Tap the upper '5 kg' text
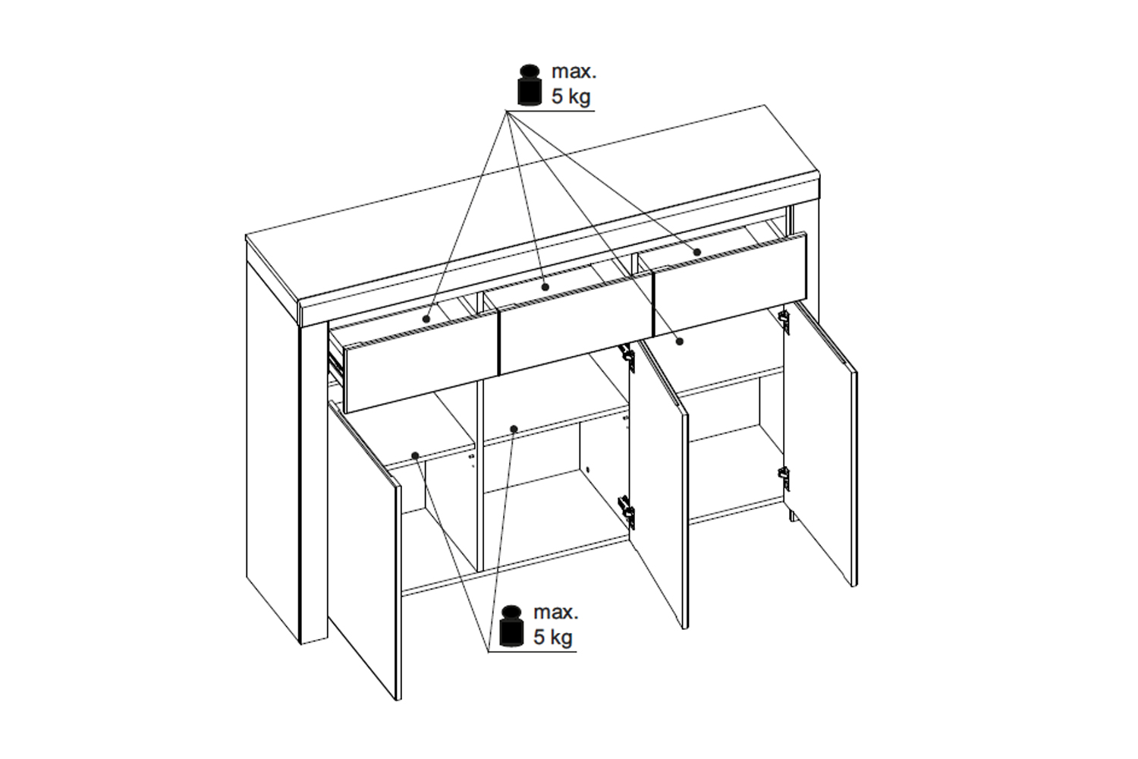pos(571,96)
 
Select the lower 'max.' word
pos(556,613)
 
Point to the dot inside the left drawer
pos(426,319)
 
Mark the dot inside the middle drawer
pos(545,287)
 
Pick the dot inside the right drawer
pos(697,252)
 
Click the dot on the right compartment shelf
pos(680,342)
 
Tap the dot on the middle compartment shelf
pos(514,429)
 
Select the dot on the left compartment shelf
pos(415,455)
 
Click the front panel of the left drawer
pos(422,363)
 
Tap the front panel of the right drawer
pos(731,284)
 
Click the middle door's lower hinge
pos(627,512)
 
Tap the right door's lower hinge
pos(784,478)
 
